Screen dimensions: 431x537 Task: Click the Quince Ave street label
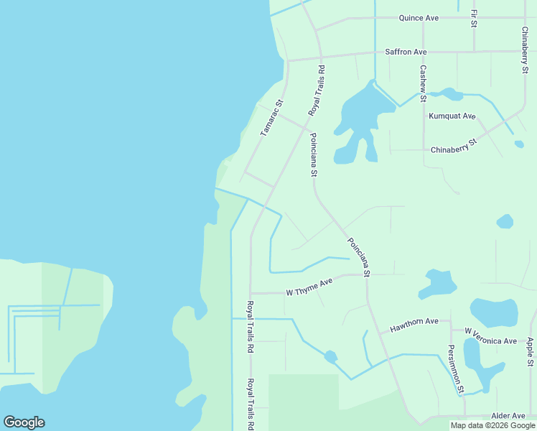tap(419, 17)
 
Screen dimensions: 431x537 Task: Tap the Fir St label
tap(474, 19)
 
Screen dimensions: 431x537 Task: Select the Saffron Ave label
tap(406, 52)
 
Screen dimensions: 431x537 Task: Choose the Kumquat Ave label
tap(452, 116)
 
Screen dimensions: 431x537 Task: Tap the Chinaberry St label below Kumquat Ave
tap(454, 147)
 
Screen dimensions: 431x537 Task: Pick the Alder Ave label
tap(509, 416)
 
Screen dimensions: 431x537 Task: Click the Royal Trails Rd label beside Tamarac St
tap(317, 91)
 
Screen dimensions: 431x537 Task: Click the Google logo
tap(24, 422)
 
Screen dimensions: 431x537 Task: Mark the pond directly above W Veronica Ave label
tap(493, 312)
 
